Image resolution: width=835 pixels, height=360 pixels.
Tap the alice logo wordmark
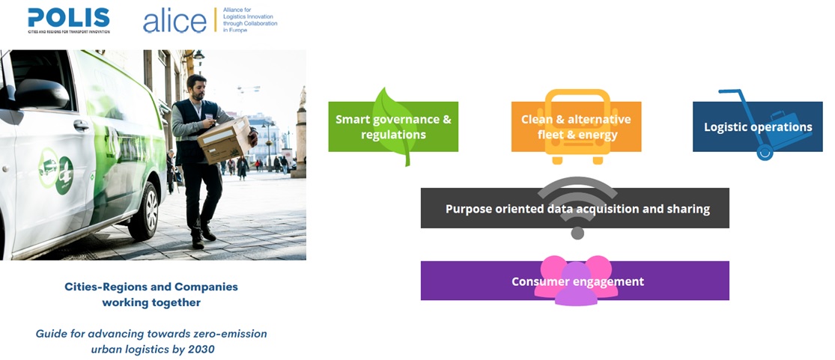click(x=174, y=21)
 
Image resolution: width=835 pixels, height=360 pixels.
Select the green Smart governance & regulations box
click(x=393, y=126)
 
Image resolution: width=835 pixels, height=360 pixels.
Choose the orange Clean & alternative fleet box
click(x=576, y=126)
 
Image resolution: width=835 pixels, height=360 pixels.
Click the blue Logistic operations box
click(x=758, y=126)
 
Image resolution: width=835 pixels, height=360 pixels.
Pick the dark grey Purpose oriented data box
click(x=574, y=208)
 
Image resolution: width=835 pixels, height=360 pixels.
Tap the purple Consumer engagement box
click(x=574, y=281)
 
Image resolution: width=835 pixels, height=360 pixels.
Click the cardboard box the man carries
click(x=224, y=141)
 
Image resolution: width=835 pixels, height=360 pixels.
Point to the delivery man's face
click(x=197, y=88)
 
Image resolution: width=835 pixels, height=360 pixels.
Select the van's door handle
click(x=81, y=126)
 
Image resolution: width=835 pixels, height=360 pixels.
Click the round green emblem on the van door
click(x=64, y=175)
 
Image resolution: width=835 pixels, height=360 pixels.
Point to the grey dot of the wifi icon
click(x=577, y=233)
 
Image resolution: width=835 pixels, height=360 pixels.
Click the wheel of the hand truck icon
click(x=765, y=153)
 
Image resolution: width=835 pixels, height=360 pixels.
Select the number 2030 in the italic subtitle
click(x=201, y=350)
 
